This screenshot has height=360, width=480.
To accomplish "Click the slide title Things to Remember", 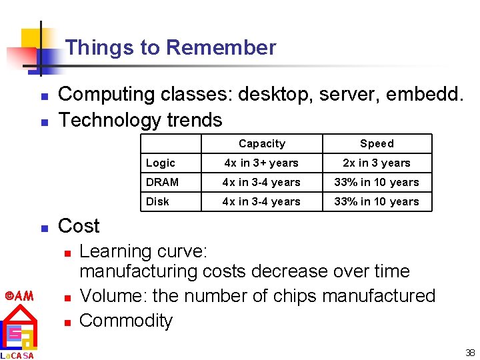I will (x=171, y=47).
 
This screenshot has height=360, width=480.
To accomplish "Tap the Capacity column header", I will (x=262, y=143).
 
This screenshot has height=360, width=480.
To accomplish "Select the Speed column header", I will (x=377, y=143).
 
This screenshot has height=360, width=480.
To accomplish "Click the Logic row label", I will (x=161, y=163).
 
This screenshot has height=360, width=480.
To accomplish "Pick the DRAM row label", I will (x=163, y=182).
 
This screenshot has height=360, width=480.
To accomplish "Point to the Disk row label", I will (x=158, y=201).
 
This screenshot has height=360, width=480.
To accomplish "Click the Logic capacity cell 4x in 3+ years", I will (x=262, y=163).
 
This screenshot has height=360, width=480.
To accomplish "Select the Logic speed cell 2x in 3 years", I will (x=377, y=163).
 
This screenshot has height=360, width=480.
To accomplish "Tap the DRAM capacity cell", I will (x=262, y=182).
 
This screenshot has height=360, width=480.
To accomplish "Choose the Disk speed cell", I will (x=377, y=201).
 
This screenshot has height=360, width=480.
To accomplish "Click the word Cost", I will (x=79, y=226).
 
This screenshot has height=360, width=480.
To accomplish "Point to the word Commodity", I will (x=126, y=321).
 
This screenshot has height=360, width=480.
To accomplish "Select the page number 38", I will (x=470, y=353).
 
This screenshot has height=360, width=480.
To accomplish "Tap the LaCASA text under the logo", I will (x=18, y=355).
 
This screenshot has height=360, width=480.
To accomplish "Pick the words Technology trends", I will (x=140, y=120).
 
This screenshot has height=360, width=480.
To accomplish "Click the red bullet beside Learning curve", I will (x=67, y=253).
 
